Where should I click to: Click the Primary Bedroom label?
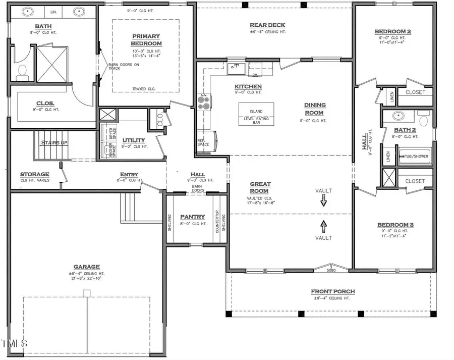tap(146, 40)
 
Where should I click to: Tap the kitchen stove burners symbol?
tap(203, 103)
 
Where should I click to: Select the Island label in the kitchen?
tap(256, 112)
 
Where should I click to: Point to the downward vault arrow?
tap(323, 201)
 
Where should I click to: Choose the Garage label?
tap(86, 267)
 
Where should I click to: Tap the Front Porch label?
tap(332, 291)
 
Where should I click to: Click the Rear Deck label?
tap(267, 25)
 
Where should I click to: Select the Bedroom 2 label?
tap(394, 31)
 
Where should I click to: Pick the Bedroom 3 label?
tap(395, 225)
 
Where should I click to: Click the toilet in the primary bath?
tap(22, 72)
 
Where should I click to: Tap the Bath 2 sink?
tap(399, 115)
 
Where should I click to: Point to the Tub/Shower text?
tap(415, 156)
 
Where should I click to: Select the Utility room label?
tap(134, 140)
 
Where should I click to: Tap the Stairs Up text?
tap(54, 143)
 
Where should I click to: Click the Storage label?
tap(34, 174)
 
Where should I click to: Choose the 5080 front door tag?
tap(331, 271)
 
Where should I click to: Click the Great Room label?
tap(260, 187)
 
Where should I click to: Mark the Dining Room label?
tap(315, 109)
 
